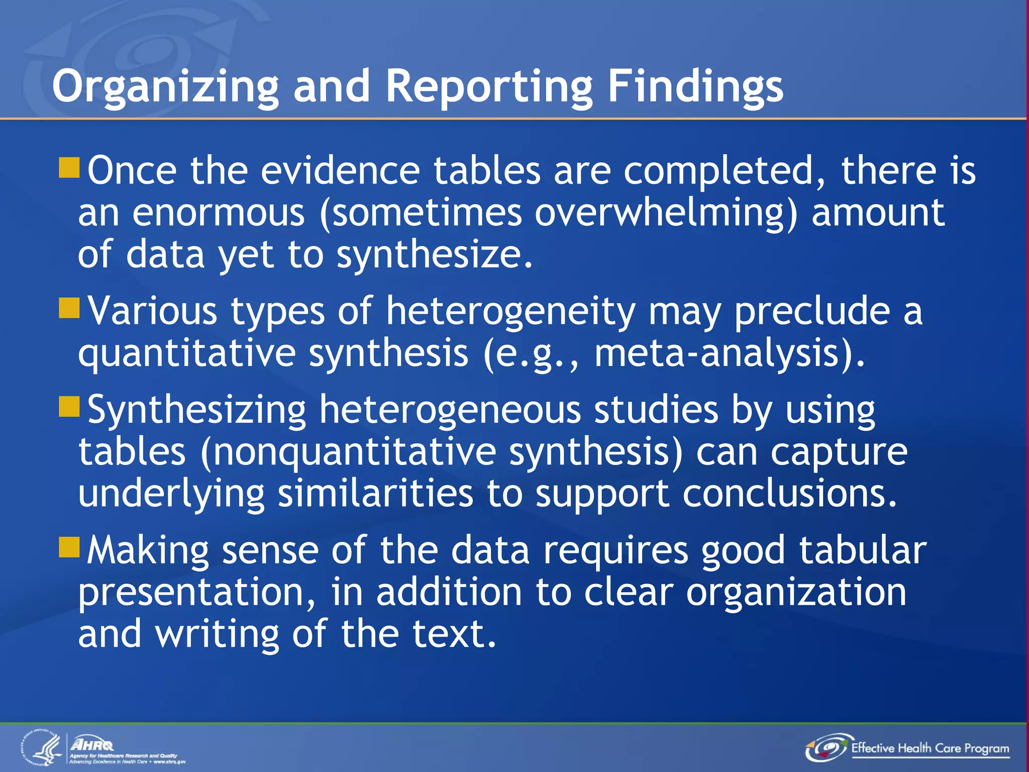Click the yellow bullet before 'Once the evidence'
point(69,168)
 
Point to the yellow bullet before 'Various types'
point(69,309)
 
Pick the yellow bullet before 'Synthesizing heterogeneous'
point(69,407)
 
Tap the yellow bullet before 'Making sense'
point(69,547)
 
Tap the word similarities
point(375,494)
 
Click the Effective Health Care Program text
point(930,748)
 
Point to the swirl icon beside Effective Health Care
point(827,748)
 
